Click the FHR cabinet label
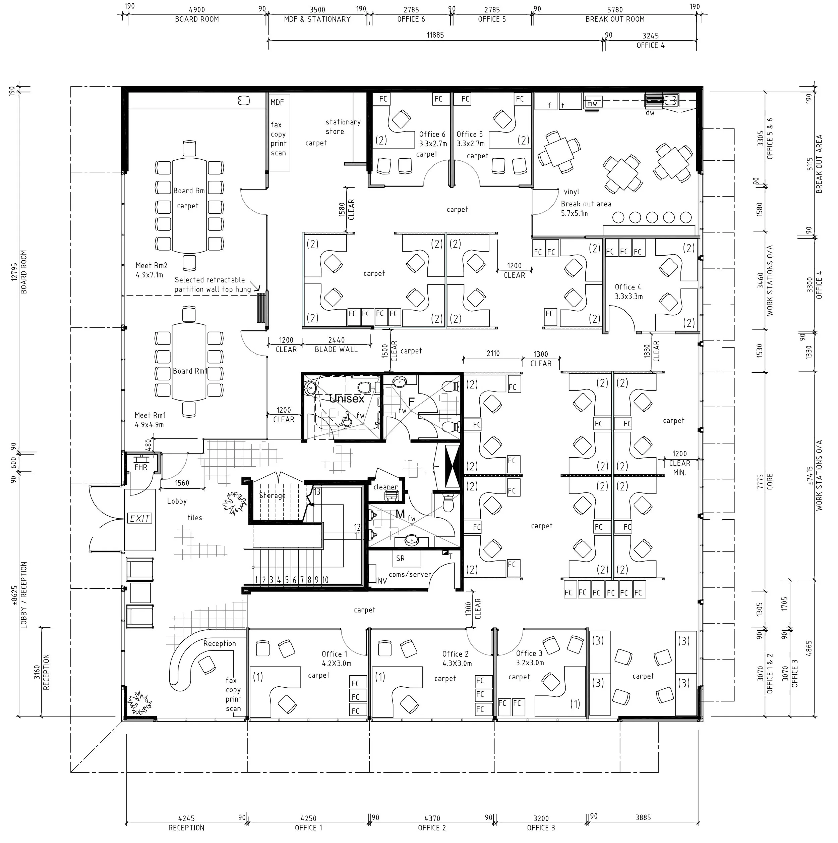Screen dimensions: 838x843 pyautogui.click(x=141, y=467)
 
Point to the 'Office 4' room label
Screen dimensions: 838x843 pyautogui.click(x=628, y=287)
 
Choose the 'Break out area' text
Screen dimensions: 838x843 pyautogui.click(x=586, y=204)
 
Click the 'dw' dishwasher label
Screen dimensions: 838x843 pyautogui.click(x=650, y=113)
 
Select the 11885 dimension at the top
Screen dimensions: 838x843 pyautogui.click(x=435, y=35)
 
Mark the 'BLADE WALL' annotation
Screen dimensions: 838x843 pyautogui.click(x=336, y=349)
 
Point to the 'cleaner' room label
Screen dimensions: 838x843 pyautogui.click(x=385, y=486)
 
